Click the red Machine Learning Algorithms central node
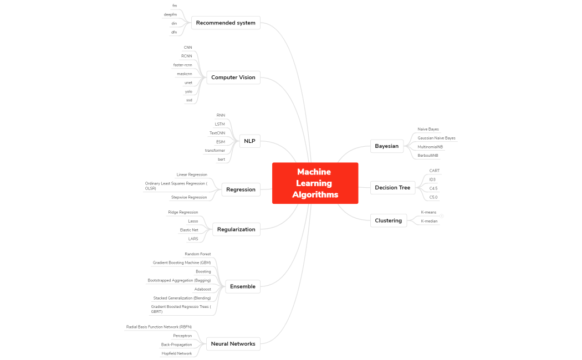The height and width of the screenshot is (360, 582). coord(315,183)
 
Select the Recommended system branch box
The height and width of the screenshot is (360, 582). coord(226,23)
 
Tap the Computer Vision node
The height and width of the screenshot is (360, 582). coord(233,78)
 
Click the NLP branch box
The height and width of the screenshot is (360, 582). coord(250,141)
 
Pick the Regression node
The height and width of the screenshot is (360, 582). coord(241,189)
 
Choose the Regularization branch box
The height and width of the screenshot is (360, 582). coord(236,229)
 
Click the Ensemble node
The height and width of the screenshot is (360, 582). coord(243,286)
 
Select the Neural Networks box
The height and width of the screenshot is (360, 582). coord(233,344)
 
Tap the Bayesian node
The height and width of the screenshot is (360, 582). coord(386,146)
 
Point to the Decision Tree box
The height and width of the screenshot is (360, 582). coord(392,188)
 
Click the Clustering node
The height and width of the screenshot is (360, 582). coord(388,220)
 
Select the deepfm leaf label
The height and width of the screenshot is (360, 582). coord(170,14)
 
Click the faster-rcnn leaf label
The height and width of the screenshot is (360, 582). coord(182,65)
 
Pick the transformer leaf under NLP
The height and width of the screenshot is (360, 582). coord(215,151)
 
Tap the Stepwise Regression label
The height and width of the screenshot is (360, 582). coord(188,197)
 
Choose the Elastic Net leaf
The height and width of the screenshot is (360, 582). coord(188,230)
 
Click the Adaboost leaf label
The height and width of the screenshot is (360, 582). coord(202,289)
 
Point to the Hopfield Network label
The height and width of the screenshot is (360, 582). coord(176,353)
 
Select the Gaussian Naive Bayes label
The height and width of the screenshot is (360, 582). coord(436,138)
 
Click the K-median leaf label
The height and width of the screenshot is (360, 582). coord(429,221)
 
